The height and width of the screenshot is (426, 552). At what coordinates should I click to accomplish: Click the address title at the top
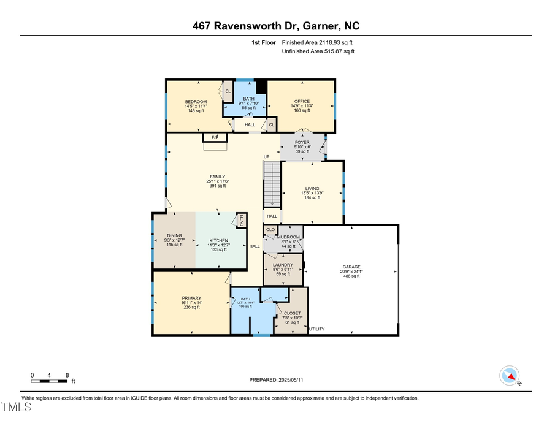click(x=275, y=26)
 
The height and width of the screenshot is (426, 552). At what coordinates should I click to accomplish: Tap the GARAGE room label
click(x=351, y=267)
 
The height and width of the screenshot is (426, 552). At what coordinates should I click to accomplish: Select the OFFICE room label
click(x=302, y=101)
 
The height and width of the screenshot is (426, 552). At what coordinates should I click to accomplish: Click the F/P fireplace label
click(x=215, y=137)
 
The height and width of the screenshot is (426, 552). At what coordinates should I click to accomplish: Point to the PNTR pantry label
click(x=242, y=220)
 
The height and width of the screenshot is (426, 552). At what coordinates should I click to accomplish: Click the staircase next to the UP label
click(x=271, y=184)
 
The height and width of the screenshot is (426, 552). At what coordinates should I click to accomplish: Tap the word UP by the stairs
click(x=266, y=157)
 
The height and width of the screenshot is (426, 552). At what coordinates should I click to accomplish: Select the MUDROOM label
click(x=288, y=237)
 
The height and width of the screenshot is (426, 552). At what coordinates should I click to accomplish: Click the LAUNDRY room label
click(x=283, y=265)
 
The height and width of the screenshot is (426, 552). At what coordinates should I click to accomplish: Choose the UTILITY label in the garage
click(x=316, y=329)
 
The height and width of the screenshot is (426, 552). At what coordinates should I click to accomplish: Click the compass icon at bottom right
click(x=509, y=375)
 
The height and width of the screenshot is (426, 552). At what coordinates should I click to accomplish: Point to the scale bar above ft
click(x=49, y=381)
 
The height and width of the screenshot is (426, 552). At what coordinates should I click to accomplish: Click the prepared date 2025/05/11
click(x=276, y=380)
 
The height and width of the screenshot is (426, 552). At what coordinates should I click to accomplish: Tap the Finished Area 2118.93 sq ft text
click(x=317, y=43)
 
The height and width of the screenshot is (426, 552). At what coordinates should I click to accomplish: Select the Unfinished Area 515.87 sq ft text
click(x=318, y=51)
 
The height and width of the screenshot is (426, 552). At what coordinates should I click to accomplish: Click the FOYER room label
click(x=302, y=142)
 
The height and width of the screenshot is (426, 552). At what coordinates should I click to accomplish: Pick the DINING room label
click(x=174, y=235)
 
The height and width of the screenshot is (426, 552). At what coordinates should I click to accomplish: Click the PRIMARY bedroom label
click(x=191, y=298)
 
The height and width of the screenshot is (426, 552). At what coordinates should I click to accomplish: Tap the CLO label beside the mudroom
click(x=270, y=230)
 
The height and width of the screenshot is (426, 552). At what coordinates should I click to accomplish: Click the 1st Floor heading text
click(x=264, y=43)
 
